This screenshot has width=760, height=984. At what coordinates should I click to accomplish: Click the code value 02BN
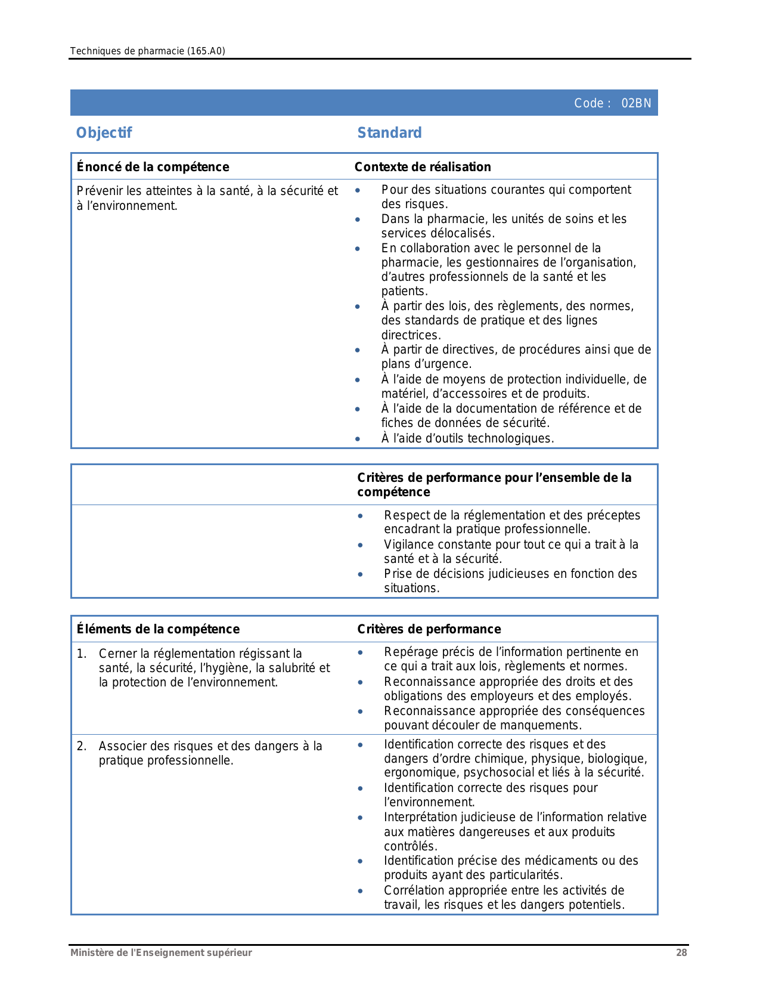coord(636,103)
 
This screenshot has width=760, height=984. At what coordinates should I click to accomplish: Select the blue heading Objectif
coord(104,132)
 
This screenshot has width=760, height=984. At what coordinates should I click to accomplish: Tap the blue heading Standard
coord(389,132)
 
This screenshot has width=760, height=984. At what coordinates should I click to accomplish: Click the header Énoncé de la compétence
coord(153,167)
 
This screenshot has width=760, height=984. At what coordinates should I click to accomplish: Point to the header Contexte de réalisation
coord(423,167)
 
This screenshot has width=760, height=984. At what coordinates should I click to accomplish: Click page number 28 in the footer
coord(681,952)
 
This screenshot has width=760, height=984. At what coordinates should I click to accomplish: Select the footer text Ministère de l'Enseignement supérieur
coord(161,952)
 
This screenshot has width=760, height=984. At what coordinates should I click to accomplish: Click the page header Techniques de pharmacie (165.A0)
coord(147,51)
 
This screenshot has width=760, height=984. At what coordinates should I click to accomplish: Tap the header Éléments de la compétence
coord(158,629)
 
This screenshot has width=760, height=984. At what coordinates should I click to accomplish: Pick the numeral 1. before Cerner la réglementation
coord(82,654)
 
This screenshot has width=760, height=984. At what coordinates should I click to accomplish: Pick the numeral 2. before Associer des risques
coord(82,746)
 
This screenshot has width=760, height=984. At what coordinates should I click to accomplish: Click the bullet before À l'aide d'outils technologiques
coord(358,439)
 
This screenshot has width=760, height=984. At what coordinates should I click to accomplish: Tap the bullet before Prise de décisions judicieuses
coord(360,574)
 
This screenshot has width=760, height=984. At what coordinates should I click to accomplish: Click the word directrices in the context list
coord(411,335)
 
